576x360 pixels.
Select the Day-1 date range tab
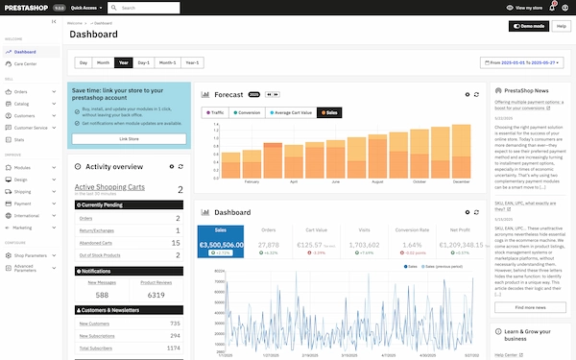[x=144, y=62]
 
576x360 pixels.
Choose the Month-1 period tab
[x=167, y=62]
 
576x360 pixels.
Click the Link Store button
[x=129, y=139]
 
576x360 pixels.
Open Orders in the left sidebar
[x=21, y=92]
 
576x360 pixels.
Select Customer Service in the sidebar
[x=31, y=128]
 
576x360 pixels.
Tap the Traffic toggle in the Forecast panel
[x=214, y=112]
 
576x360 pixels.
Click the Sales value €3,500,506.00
[x=221, y=246]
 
